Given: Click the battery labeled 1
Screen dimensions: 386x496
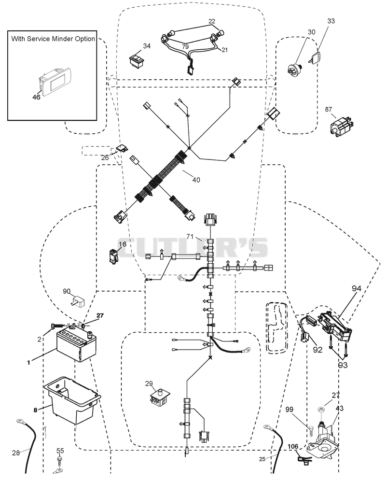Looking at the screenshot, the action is (x=76, y=346).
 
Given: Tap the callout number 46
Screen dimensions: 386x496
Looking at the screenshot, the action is (x=36, y=97).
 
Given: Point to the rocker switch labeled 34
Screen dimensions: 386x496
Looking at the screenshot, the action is (x=137, y=60).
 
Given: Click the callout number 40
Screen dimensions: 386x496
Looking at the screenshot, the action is (x=196, y=180).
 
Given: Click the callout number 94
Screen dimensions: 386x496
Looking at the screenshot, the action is (x=356, y=288).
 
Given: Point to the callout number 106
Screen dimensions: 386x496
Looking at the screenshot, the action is (x=293, y=447).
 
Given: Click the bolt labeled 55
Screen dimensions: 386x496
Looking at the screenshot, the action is (x=59, y=462).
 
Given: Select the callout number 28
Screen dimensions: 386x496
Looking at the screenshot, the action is (x=16, y=453).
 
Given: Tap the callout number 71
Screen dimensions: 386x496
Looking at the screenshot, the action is (x=190, y=236).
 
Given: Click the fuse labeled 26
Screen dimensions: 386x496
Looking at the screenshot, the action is (x=122, y=147).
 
